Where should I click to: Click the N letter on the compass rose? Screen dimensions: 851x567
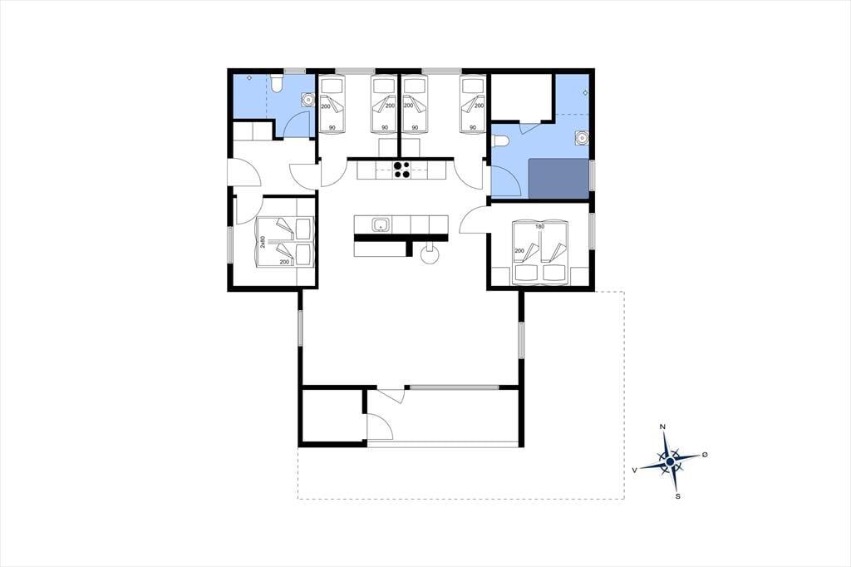tap(662, 426)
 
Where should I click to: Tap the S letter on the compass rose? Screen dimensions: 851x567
tap(678, 496)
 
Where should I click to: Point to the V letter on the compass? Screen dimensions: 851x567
tap(634, 471)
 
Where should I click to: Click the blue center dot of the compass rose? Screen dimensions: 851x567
tap(671, 461)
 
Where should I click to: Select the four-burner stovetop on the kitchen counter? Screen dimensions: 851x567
tap(401, 170)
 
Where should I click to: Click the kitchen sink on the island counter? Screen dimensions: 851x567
tap(381, 224)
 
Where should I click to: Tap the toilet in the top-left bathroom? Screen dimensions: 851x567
tap(277, 84)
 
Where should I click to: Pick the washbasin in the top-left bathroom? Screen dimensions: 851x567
tap(307, 100)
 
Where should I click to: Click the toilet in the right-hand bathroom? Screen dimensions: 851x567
tap(500, 141)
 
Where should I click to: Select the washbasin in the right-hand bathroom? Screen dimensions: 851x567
tap(582, 138)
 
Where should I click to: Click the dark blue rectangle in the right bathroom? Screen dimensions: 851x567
tap(558, 179)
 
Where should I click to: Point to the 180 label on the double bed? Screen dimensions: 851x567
tap(539, 226)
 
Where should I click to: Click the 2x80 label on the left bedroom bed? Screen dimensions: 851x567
tap(263, 242)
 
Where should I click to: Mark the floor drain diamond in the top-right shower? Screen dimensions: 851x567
tap(585, 93)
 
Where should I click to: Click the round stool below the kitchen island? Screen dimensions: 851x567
tap(430, 256)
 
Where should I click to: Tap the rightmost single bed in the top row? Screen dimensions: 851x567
tap(472, 104)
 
